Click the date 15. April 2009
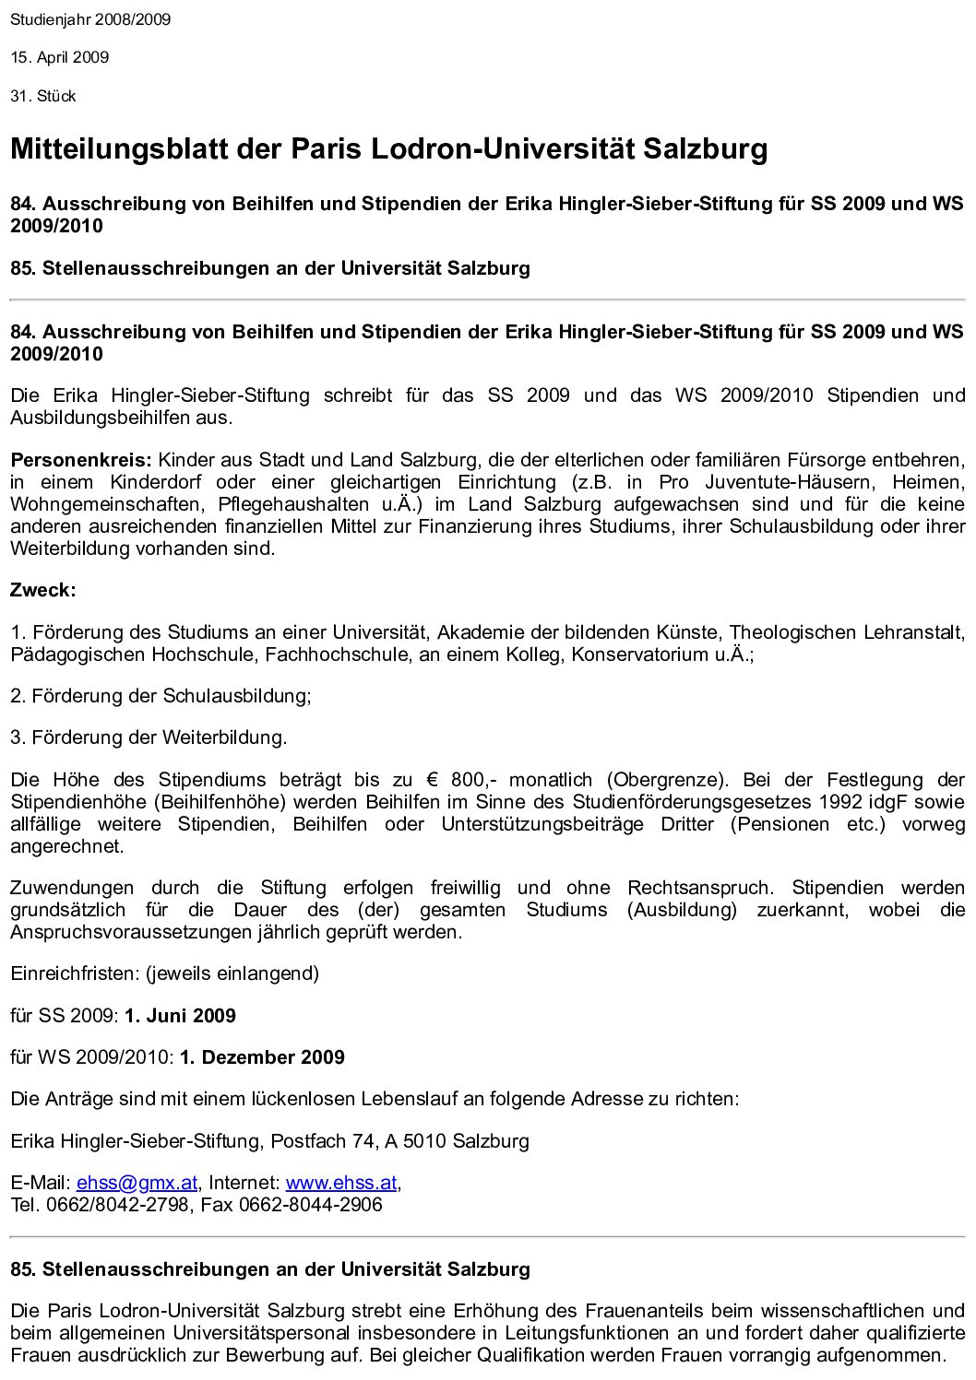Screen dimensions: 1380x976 coord(60,57)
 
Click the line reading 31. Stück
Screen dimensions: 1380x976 coord(43,96)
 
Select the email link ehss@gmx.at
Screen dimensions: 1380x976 coord(138,1183)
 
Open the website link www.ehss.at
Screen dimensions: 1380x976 coord(341,1183)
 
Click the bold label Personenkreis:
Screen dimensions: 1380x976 coord(80,459)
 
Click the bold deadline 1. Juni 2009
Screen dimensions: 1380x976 coord(180,1016)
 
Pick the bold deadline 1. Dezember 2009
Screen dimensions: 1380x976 coord(262,1057)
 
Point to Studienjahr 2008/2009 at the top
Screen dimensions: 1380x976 coord(90,18)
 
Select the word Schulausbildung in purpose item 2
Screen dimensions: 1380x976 coord(236,696)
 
